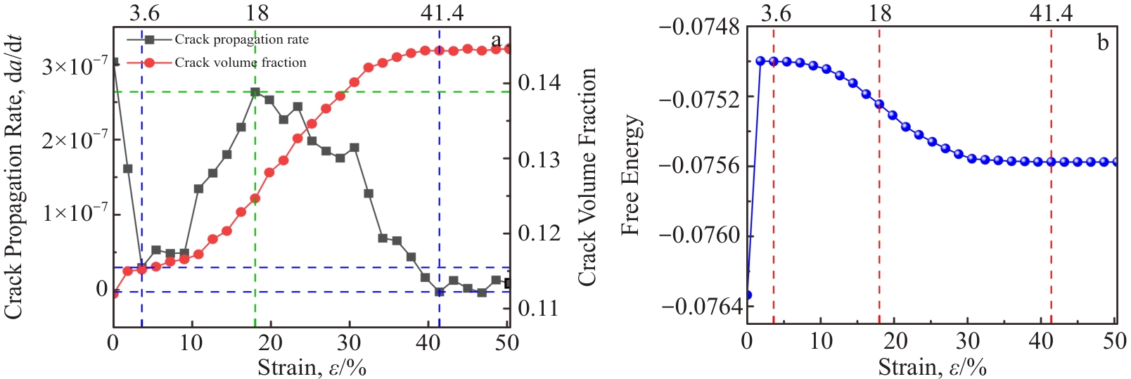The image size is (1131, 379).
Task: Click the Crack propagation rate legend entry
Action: click(x=241, y=39)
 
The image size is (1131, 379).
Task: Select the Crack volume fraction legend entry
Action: click(x=240, y=63)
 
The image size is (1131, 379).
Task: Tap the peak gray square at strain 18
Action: click(x=255, y=92)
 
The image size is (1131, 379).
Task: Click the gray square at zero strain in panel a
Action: click(x=114, y=62)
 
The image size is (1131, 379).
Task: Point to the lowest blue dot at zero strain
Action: click(x=748, y=295)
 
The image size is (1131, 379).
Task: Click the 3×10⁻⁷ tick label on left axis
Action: click(x=75, y=68)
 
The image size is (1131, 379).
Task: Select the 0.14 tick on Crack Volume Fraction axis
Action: click(x=539, y=84)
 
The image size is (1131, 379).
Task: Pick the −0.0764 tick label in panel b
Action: click(x=699, y=307)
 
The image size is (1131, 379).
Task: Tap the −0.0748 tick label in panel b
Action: click(x=699, y=28)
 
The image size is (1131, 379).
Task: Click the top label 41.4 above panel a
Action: click(x=442, y=13)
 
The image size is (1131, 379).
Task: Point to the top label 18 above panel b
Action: click(x=880, y=13)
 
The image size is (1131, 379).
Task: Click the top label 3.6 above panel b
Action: click(x=776, y=13)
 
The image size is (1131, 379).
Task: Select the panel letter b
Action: click(x=1103, y=43)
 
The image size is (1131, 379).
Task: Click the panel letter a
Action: click(x=497, y=40)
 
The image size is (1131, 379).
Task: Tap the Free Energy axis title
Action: click(x=631, y=175)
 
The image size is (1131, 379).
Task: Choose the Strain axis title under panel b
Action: click(x=932, y=366)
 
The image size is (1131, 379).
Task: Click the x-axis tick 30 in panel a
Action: click(x=348, y=343)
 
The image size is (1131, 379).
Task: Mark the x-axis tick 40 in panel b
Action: click(x=1042, y=342)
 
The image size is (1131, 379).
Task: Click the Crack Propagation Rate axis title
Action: click(x=14, y=176)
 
